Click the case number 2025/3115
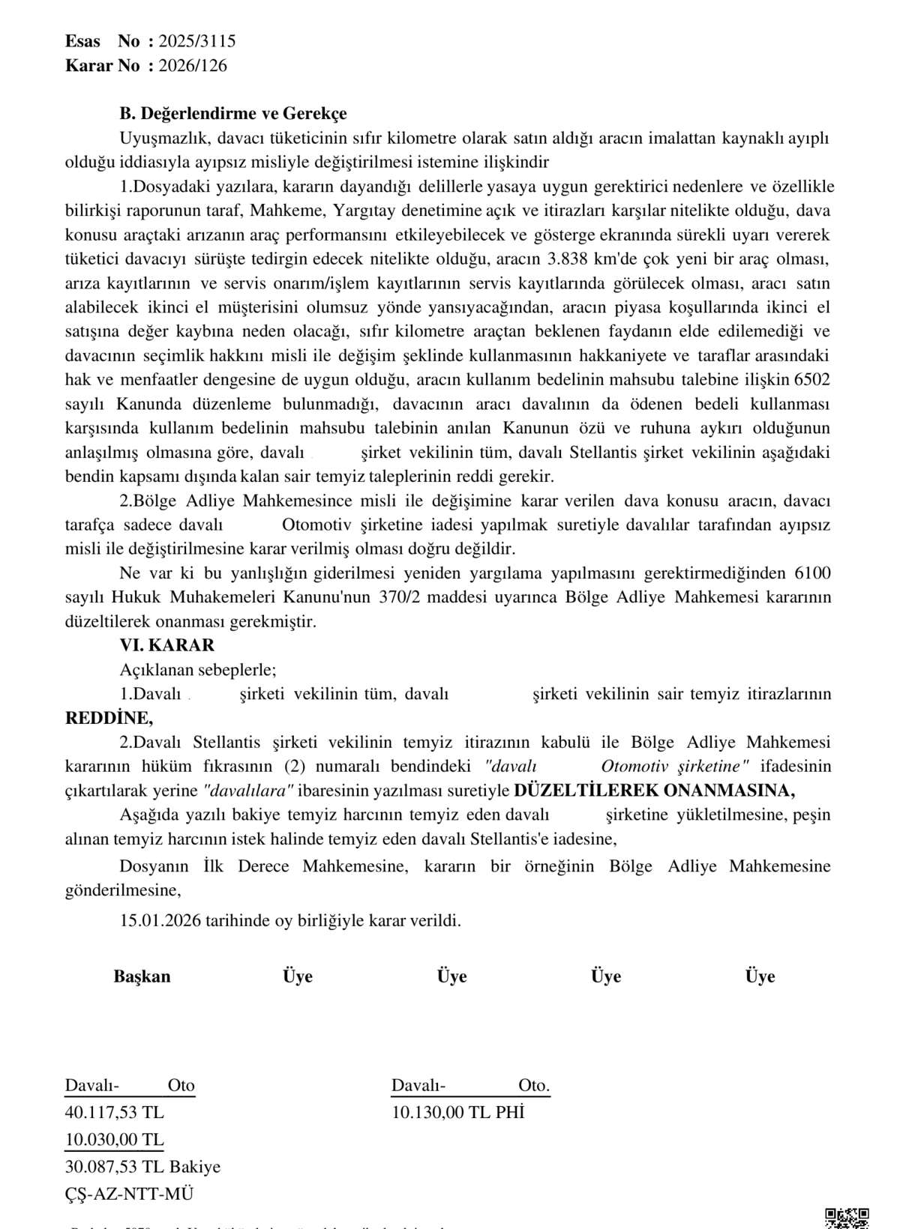click(x=196, y=41)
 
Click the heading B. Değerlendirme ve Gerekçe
click(x=233, y=114)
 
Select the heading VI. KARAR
click(x=167, y=645)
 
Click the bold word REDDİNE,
click(x=109, y=718)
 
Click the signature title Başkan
click(x=142, y=976)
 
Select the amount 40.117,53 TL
click(x=115, y=1111)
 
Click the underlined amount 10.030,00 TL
click(x=115, y=1140)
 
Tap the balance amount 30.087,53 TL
click(x=115, y=1167)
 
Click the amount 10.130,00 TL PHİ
click(x=458, y=1112)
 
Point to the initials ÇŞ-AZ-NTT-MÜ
click(x=129, y=1195)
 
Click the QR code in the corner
click(x=847, y=1218)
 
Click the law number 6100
click(x=810, y=573)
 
